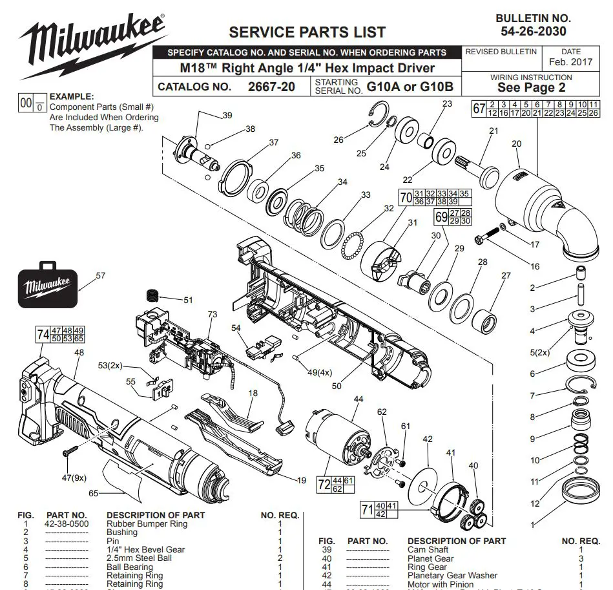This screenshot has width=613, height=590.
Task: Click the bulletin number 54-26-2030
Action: coord(534,31)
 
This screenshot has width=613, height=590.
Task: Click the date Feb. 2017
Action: coord(570,63)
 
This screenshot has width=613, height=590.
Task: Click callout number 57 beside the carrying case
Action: coord(100,275)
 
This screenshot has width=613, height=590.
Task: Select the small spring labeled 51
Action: coord(153,297)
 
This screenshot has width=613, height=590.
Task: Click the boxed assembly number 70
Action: coord(405,198)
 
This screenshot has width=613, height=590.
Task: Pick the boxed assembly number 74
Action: coord(43,334)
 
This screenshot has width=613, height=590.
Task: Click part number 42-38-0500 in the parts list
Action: coord(67,523)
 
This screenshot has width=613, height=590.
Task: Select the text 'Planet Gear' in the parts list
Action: coord(430,558)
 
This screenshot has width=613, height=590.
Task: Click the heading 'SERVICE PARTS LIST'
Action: coord(307,32)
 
